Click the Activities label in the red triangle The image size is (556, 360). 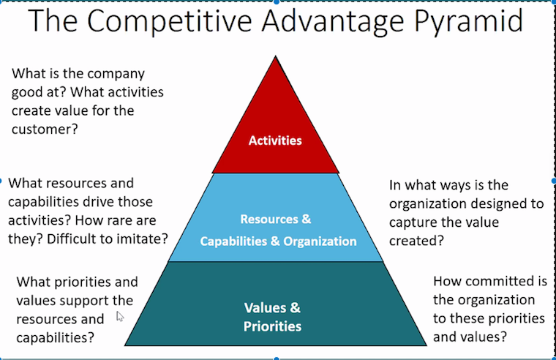(275, 140)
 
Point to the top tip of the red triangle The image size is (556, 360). (276, 57)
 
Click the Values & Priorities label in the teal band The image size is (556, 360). (272, 316)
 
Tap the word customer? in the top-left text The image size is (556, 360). (45, 127)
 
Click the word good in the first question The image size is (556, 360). (27, 92)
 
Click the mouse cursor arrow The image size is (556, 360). (120, 316)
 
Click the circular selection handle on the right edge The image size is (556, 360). (552, 180)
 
